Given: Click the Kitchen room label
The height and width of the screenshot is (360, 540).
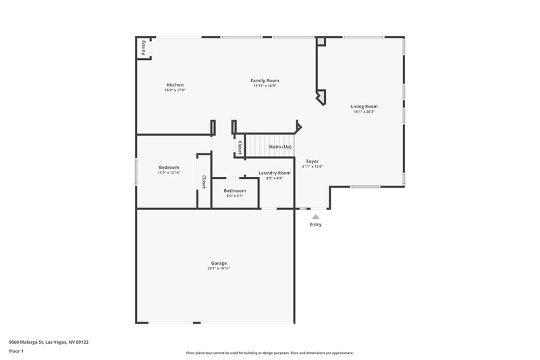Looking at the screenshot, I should point(175,85).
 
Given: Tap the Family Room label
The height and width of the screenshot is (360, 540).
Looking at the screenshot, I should point(265,80).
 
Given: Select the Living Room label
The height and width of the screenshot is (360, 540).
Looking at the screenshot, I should point(364,106).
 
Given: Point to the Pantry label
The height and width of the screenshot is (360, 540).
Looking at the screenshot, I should point(144,48).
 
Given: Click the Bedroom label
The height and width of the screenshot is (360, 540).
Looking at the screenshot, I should point(169,168).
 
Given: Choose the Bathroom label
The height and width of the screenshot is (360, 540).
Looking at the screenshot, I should point(235,190).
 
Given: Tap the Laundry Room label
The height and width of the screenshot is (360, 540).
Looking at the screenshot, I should point(275,173).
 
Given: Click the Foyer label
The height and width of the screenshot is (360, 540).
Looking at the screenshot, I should point(313,161).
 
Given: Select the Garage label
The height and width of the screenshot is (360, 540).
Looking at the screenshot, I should point(219,263).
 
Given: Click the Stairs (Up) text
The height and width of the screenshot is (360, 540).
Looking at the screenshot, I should point(280,147).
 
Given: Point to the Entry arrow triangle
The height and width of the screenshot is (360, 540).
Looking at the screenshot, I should point(315,216).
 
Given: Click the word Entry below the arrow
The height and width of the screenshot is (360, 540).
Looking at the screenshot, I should point(315,224).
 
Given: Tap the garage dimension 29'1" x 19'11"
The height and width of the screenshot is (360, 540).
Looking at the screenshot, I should point(219,269).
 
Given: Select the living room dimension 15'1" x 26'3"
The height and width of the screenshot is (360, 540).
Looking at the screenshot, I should point(364,111).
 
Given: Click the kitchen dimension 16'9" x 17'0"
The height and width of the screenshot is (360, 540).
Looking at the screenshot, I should point(175,91).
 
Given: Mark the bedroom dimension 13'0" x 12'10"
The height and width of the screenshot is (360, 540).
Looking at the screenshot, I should point(169,173).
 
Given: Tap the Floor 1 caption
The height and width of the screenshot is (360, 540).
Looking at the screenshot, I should point(16,352).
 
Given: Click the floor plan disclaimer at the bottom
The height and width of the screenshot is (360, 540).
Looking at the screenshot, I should point(269,353).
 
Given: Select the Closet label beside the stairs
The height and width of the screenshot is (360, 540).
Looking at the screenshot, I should point(239,147).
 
